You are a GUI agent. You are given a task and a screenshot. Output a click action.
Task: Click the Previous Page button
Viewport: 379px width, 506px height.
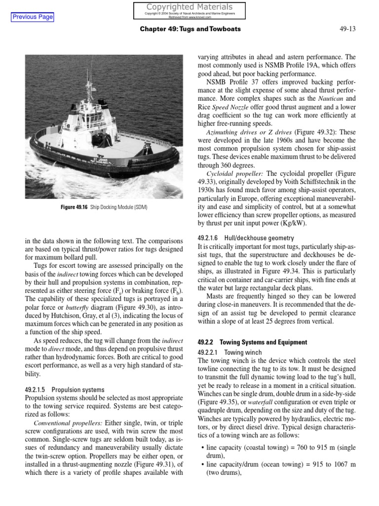point(33,17)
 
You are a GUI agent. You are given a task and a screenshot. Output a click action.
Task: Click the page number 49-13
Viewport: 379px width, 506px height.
point(347,29)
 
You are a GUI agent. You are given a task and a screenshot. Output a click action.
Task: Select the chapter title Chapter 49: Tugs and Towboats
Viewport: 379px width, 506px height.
point(190,29)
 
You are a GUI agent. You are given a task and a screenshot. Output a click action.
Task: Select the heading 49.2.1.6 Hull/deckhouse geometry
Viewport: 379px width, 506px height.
point(238,238)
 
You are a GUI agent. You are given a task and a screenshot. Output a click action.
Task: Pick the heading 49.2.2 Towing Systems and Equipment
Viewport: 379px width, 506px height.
point(252,342)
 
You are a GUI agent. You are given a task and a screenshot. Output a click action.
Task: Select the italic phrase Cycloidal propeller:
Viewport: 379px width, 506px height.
point(235,174)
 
